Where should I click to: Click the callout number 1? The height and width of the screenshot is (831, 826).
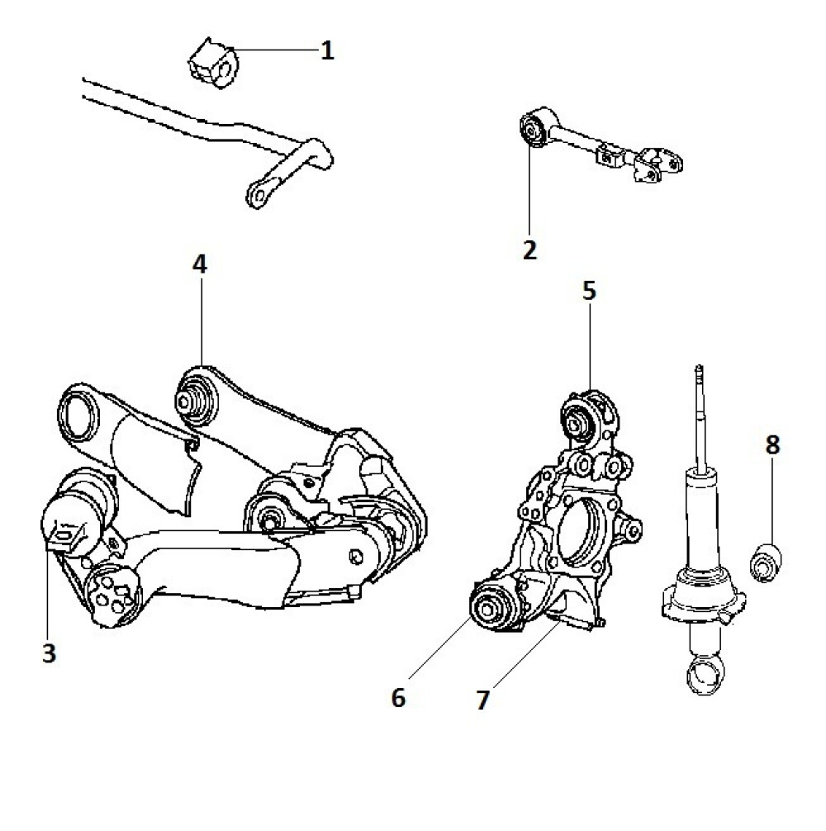[x=327, y=51]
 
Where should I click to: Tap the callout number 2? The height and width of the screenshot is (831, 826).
[x=529, y=249]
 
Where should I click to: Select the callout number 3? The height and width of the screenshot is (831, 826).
[x=49, y=653]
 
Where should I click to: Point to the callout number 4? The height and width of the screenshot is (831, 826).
[x=201, y=265]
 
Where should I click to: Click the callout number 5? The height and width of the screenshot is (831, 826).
[x=588, y=291]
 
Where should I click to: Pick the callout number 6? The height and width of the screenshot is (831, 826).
[x=399, y=697]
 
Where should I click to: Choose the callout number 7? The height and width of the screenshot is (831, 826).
[x=482, y=700]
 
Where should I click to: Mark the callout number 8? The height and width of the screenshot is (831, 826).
[x=771, y=446]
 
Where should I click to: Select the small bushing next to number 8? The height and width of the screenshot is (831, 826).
[x=766, y=562]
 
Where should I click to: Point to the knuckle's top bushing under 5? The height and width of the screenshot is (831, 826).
[x=579, y=416]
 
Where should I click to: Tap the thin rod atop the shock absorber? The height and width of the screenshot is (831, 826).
[x=700, y=413]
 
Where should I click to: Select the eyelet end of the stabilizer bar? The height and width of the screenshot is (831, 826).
[x=257, y=194]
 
